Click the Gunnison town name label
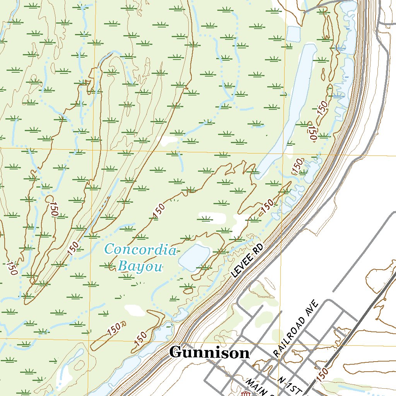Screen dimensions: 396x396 pyautogui.click(x=210, y=353)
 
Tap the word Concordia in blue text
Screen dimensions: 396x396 pyautogui.click(x=141, y=250)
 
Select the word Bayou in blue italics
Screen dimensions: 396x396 pyautogui.click(x=140, y=266)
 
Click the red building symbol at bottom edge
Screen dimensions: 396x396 pyautogui.click(x=245, y=394)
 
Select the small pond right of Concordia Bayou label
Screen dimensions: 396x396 pyautogui.click(x=195, y=257)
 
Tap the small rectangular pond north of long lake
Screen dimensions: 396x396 pyautogui.click(x=293, y=34)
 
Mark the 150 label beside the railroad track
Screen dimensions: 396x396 pyautogui.click(x=324, y=373)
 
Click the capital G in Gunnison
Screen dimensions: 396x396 pyautogui.click(x=175, y=353)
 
